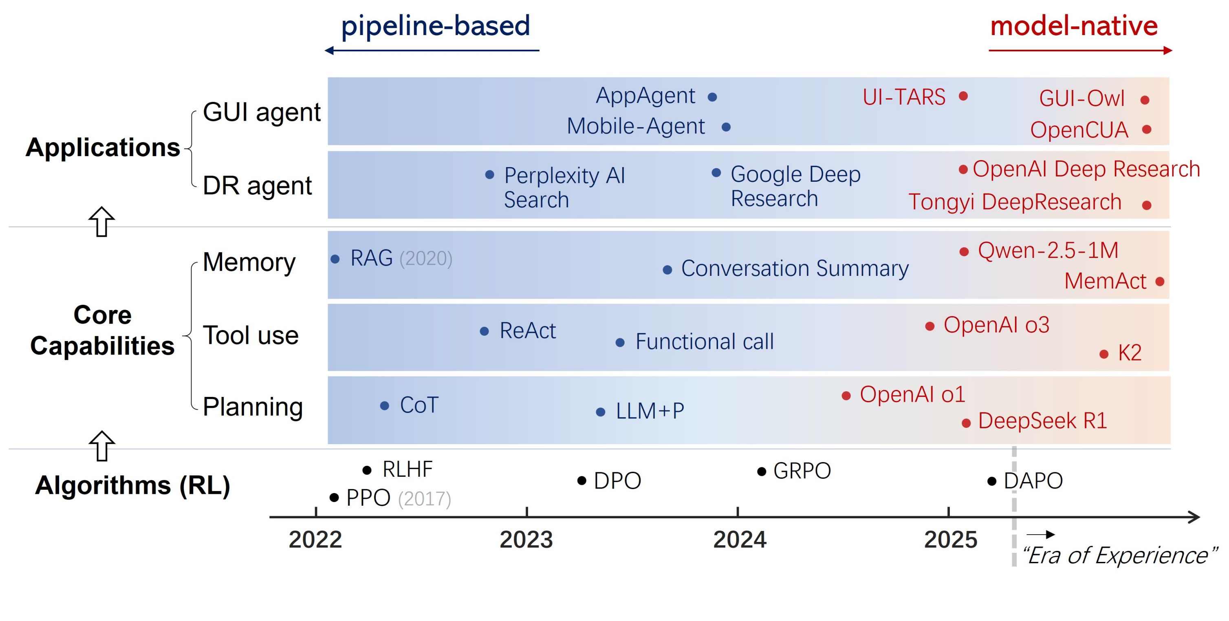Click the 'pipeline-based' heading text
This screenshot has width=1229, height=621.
click(435, 26)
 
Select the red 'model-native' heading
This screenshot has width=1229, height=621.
click(1074, 26)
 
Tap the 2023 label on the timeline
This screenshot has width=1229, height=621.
click(526, 540)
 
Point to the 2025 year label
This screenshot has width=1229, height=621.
click(950, 540)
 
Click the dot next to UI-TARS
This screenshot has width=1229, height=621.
click(963, 96)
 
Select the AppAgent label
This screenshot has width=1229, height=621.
click(645, 96)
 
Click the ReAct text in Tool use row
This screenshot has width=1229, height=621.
click(527, 330)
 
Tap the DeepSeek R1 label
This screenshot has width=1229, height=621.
click(1042, 421)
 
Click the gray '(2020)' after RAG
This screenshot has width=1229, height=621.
click(425, 258)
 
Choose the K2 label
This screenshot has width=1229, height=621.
click(1129, 353)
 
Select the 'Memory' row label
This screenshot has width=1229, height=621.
click(249, 262)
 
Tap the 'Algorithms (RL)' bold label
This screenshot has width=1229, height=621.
click(132, 486)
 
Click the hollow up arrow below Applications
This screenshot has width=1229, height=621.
click(101, 222)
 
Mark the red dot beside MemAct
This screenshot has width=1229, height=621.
click(1160, 282)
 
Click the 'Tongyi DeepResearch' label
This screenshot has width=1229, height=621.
click(1014, 202)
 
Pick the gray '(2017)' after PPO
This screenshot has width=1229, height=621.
click(424, 499)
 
